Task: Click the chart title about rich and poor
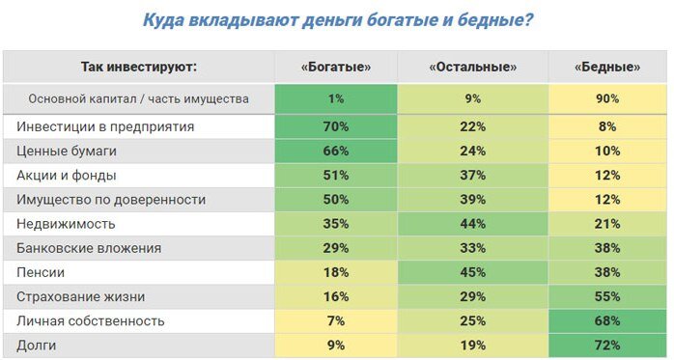tap(337, 19)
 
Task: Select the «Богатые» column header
tap(335, 67)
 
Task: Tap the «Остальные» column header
tap(471, 67)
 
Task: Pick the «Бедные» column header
tap(607, 67)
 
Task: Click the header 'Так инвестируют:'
tap(138, 67)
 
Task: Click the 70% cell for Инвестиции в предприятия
tap(335, 126)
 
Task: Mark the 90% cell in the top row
tap(607, 98)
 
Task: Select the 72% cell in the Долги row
tap(607, 345)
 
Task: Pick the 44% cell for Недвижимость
tap(471, 223)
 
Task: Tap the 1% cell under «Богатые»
tap(335, 98)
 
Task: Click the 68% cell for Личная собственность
tap(607, 320)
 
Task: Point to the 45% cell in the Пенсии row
tap(471, 272)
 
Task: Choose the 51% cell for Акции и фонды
tap(335, 175)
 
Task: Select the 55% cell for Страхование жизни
tap(607, 296)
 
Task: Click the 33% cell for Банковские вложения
tap(471, 248)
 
